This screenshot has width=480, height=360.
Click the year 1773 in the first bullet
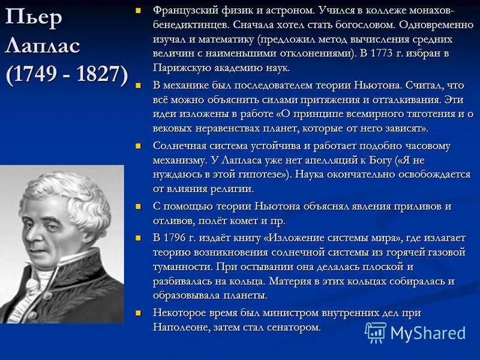379,53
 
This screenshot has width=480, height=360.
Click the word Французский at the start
184,11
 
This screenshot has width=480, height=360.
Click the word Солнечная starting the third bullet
180,146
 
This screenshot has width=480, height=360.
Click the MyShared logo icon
376,332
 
